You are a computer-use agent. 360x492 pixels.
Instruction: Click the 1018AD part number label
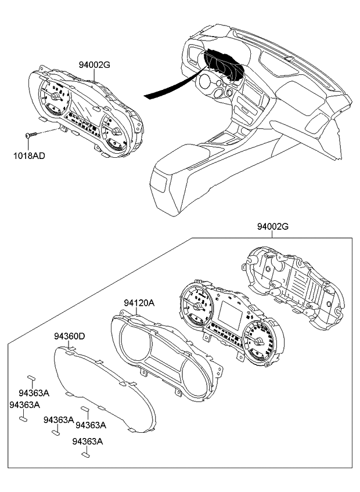(x=30, y=155)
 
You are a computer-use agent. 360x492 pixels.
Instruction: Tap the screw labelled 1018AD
(x=31, y=135)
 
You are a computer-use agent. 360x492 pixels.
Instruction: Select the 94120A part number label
(x=139, y=303)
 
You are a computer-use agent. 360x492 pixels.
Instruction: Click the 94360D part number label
(x=70, y=337)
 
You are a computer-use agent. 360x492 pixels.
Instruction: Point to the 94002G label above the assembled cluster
(x=95, y=65)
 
